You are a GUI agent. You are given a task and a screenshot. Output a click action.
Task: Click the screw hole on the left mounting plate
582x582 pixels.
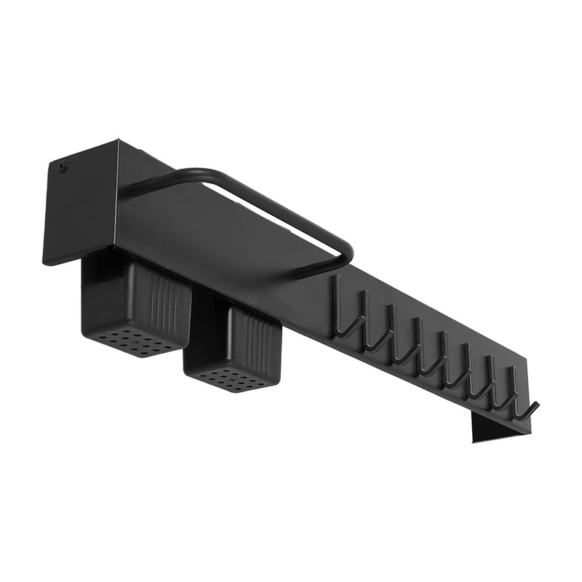[x=63, y=167]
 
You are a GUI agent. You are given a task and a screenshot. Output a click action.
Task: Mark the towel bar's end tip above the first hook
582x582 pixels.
[x=304, y=274]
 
